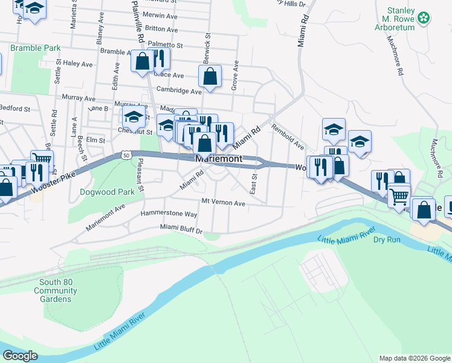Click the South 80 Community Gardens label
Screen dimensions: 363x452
pyautogui.click(x=56, y=290)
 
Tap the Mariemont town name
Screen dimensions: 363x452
pyautogui.click(x=219, y=159)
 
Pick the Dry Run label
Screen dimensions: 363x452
pyautogui.click(x=387, y=240)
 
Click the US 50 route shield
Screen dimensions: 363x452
pyautogui.click(x=126, y=155)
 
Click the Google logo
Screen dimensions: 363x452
pyautogui.click(x=20, y=356)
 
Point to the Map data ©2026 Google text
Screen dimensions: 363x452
pyautogui.click(x=414, y=358)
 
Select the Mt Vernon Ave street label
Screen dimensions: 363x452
pyautogui.click(x=223, y=203)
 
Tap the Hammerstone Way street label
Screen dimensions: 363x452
pyautogui.click(x=169, y=214)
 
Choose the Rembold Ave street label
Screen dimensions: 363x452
pyautogui.click(x=287, y=137)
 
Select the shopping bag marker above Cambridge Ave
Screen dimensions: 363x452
pyautogui.click(x=210, y=77)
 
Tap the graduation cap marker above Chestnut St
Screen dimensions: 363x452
pyautogui.click(x=134, y=117)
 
